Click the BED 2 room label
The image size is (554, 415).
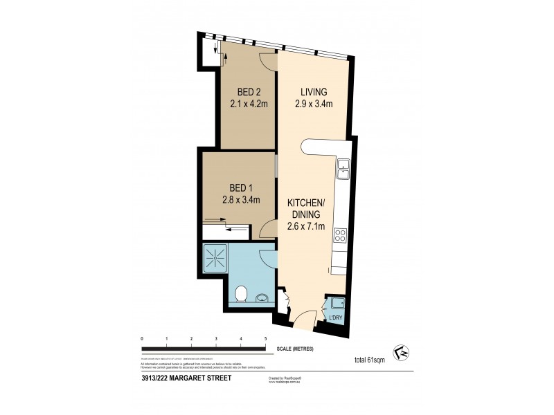pos(249,92)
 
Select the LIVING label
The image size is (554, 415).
pos(313,92)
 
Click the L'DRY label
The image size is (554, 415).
pos(336,318)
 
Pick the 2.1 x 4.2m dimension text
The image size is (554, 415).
pos(249,104)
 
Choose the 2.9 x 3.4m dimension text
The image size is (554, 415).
pos(313,104)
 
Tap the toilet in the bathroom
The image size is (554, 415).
pos(240,295)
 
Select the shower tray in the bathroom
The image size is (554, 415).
pos(216,257)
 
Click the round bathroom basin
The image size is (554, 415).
pos(261,299)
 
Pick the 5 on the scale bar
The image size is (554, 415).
pos(265,338)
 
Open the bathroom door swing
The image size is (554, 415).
pos(267,258)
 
